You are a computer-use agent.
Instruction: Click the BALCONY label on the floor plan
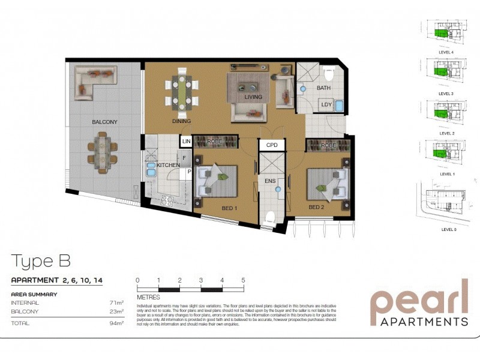tap(104, 122)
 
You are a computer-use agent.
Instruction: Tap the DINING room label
tap(181, 121)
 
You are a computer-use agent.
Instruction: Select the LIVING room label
tap(253, 97)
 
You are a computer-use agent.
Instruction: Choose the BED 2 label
tap(316, 208)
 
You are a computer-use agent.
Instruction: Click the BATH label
tap(323, 88)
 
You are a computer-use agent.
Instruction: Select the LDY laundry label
tap(326, 105)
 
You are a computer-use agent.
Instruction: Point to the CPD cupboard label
tap(272, 145)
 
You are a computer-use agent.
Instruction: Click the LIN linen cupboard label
tap(186, 141)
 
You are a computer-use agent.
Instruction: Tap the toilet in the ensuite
tap(269, 218)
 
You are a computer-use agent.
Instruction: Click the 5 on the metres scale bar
tap(243, 280)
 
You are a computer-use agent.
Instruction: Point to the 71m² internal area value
tap(116, 303)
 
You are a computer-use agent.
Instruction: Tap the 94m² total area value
tap(116, 323)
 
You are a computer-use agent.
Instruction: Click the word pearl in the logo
tap(418, 299)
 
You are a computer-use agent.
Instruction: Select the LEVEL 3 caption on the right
tap(445, 94)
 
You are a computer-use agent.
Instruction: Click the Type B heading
tap(41, 261)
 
